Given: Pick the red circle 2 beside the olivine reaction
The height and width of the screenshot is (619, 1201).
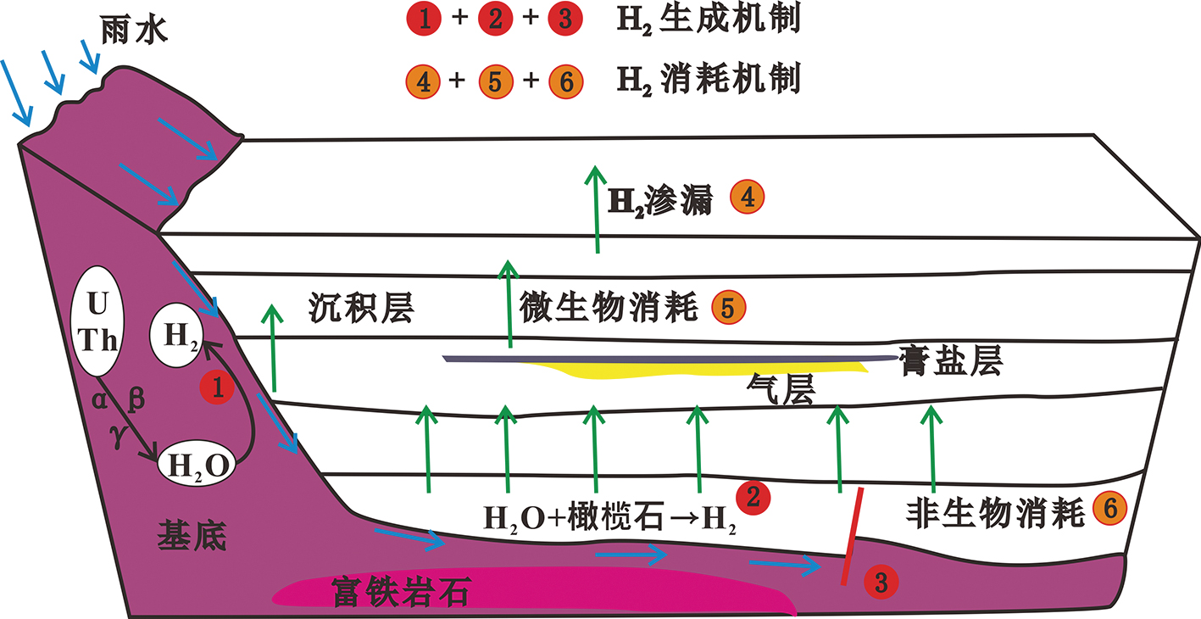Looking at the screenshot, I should point(753,496).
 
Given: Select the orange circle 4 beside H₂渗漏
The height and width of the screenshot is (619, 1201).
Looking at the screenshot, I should point(748,198).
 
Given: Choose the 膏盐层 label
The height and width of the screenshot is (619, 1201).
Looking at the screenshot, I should point(951,361).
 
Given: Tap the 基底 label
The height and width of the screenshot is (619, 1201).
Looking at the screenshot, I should point(192,535).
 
